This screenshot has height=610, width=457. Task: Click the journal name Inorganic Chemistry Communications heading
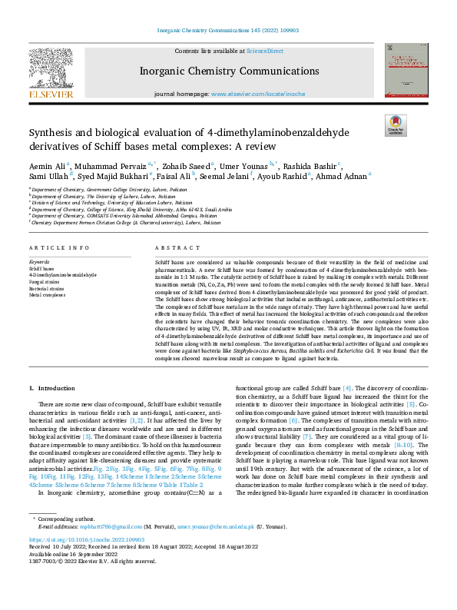[228, 71]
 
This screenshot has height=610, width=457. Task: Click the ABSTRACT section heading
[171, 248]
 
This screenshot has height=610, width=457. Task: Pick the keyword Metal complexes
[48, 293]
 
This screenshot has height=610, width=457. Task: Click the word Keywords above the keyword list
[39, 262]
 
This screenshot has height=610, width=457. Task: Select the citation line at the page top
[228, 31]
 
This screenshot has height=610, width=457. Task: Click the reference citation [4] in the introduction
[347, 411]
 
